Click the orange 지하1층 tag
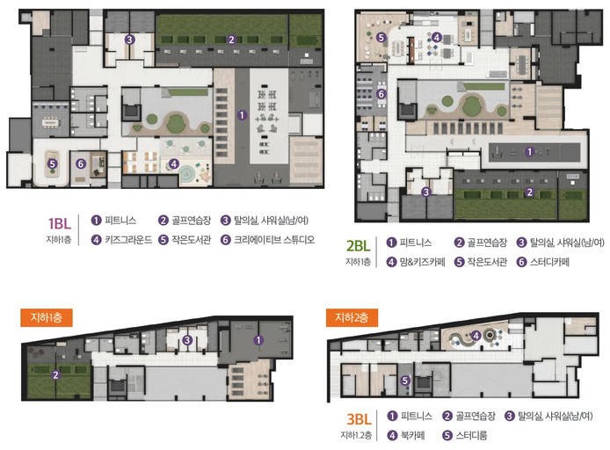tap(47, 318)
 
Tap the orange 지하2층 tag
tap(352, 318)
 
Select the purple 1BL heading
tap(60, 223)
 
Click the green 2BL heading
tap(359, 246)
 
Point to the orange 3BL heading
tap(359, 419)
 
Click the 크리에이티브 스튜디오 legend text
tap(274, 240)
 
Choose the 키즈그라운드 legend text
tap(128, 240)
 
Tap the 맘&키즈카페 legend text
tap(422, 262)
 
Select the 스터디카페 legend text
tap(549, 262)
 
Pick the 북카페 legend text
tap(412, 435)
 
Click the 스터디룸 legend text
tap(471, 435)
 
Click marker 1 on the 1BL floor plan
tap(242, 115)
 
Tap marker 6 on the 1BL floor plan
tap(81, 163)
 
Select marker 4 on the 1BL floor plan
tap(174, 163)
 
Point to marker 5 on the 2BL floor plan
tap(381, 37)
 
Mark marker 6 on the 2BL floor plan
tap(381, 94)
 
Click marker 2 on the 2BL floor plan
tap(529, 192)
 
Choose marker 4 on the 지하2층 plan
tap(476, 335)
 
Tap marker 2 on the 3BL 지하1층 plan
tap(56, 375)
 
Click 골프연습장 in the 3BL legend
tap(476, 416)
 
